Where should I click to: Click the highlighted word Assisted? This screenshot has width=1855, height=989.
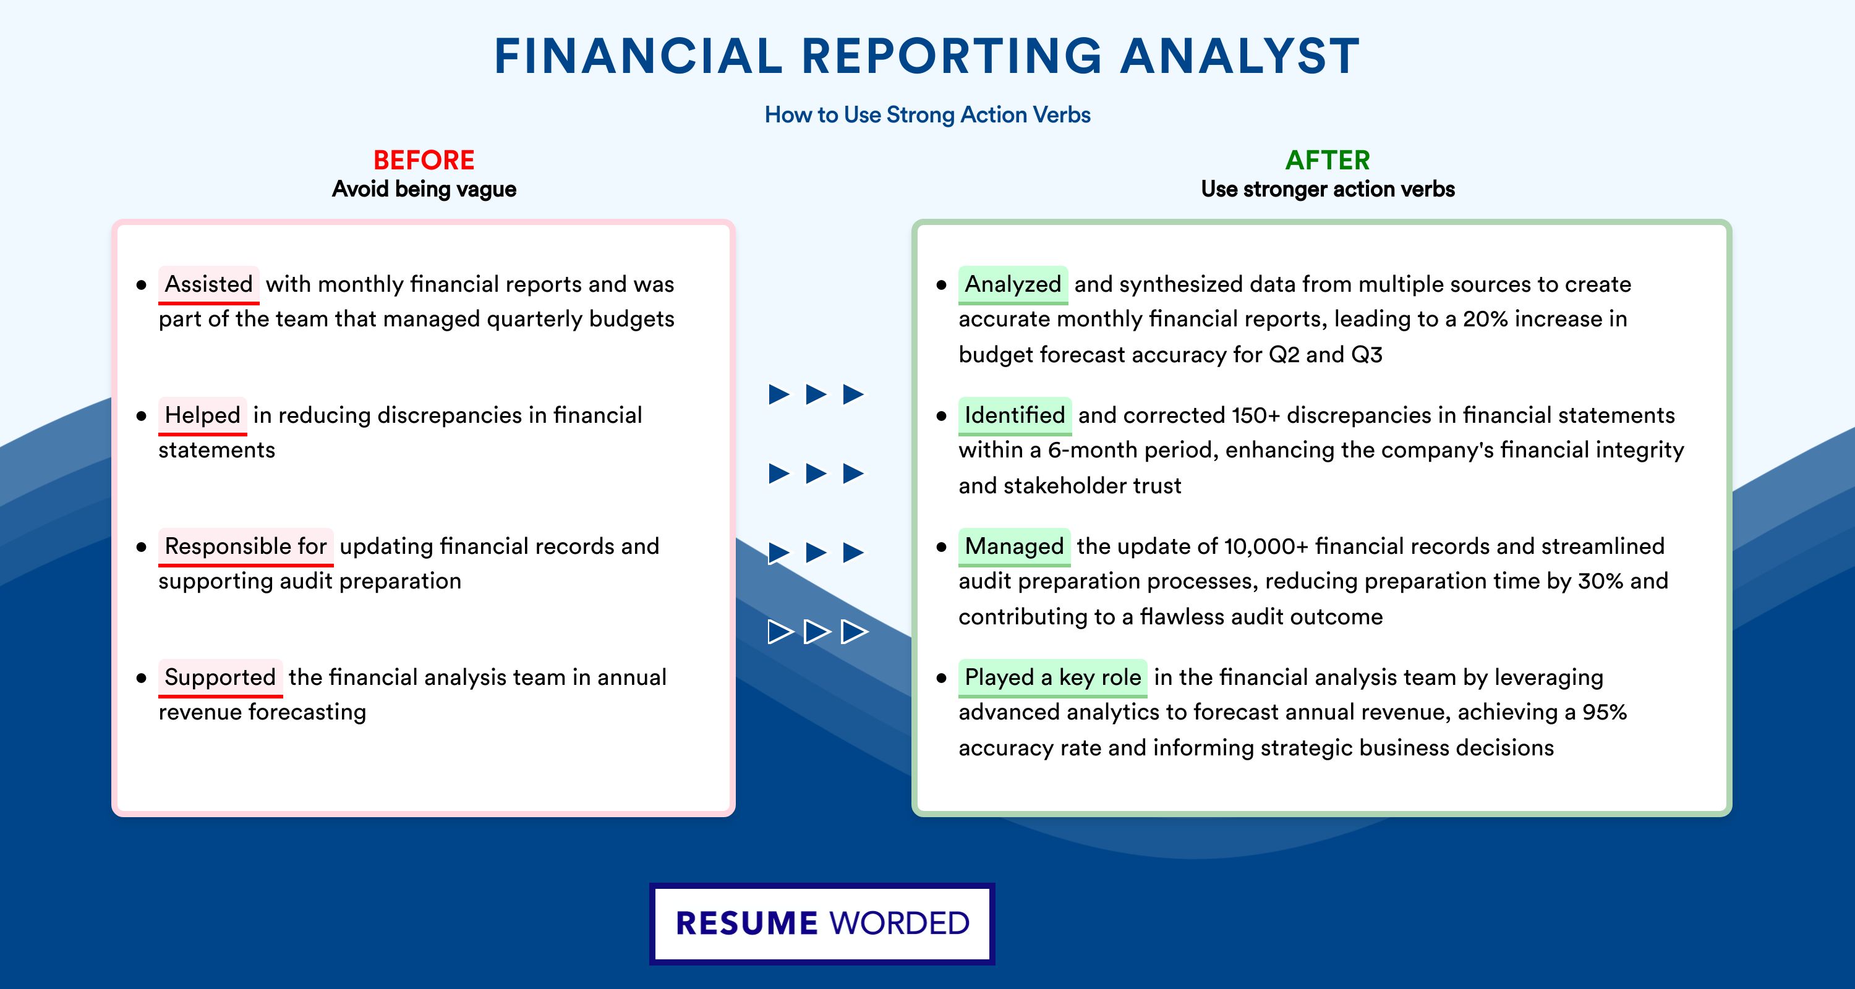pyautogui.click(x=209, y=284)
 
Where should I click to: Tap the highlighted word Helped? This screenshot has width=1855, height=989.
pyautogui.click(x=202, y=415)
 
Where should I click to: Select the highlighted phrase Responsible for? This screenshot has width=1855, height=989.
pyautogui.click(x=245, y=546)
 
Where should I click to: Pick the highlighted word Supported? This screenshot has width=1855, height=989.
pyautogui.click(x=220, y=677)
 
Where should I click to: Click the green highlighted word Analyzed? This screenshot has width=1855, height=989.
pyautogui.click(x=1013, y=284)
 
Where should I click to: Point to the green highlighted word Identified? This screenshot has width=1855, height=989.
pyautogui.click(x=1015, y=415)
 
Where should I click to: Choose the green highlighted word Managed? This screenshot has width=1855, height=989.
pyautogui.click(x=1015, y=546)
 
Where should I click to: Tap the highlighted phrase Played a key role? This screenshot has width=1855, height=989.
pyautogui.click(x=1053, y=677)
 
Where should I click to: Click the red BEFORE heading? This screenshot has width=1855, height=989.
pyautogui.click(x=424, y=160)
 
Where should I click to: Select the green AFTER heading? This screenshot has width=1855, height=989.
pyautogui.click(x=1328, y=160)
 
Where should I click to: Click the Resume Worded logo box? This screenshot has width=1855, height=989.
pyautogui.click(x=822, y=923)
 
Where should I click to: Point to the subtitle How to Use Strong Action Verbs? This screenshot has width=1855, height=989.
pyautogui.click(x=927, y=114)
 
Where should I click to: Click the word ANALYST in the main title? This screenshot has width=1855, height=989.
pyautogui.click(x=1239, y=56)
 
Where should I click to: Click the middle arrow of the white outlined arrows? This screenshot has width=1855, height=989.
pyautogui.click(x=817, y=632)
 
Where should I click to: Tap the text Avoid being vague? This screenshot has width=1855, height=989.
pyautogui.click(x=424, y=189)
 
